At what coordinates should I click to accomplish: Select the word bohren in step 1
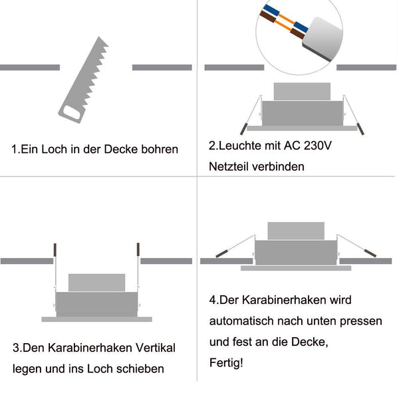[160, 150]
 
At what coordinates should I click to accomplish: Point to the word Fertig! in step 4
[226, 363]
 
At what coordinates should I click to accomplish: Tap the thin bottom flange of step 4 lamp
[295, 268]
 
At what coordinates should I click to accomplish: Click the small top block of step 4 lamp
[295, 230]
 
